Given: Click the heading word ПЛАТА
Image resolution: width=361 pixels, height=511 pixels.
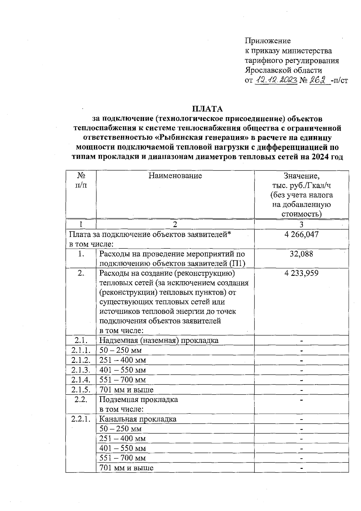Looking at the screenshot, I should tap(208, 108).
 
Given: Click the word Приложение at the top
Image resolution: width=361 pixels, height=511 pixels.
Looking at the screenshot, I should tap(267, 41).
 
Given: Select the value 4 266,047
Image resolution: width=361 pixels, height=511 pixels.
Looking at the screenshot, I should tap(301, 234).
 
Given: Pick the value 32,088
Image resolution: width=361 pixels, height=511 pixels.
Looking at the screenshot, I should tap(301, 254).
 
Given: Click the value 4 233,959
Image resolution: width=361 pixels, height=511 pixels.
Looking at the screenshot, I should tap(301, 273).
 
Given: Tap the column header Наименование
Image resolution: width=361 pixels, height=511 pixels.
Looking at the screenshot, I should tap(175, 176).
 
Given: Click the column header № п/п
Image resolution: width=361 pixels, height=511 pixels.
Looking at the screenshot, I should tap(81, 180).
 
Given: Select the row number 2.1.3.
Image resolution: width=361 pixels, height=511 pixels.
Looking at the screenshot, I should tap(81, 370).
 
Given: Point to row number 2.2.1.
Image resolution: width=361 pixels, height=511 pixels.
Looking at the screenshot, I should tap(81, 419).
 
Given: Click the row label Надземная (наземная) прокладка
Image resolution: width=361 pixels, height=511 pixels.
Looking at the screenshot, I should tap(159, 341).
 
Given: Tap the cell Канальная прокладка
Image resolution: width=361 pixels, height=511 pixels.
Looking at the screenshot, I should tap(138, 419).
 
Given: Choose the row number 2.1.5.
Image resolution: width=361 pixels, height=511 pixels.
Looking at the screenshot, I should tap(81, 390).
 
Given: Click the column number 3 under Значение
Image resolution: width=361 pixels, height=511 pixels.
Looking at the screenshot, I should tap(301, 224).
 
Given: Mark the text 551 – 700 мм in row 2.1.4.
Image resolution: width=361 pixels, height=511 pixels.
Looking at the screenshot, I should tap(123, 380).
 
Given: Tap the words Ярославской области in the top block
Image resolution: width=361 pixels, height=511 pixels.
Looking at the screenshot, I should tap(283, 70).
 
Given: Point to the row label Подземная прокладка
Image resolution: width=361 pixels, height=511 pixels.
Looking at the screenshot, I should tap(138, 400).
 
